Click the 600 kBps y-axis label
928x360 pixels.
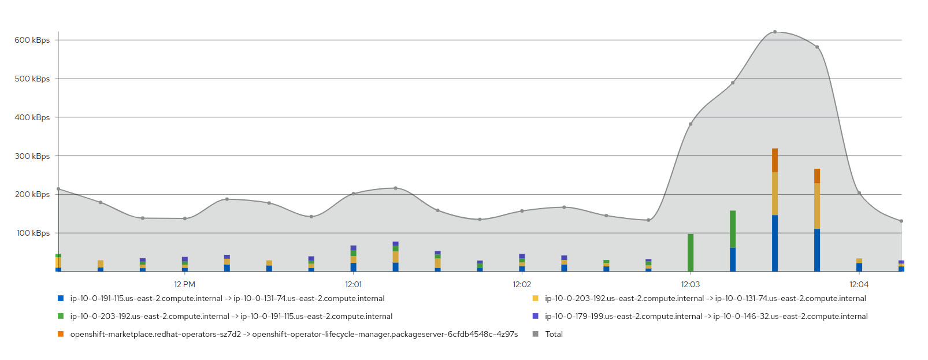[x=32, y=40]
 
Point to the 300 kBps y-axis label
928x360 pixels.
[x=32, y=156]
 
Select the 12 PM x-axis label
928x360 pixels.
[x=184, y=284]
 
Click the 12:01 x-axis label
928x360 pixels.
[x=353, y=284]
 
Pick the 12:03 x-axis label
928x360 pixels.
[x=691, y=284]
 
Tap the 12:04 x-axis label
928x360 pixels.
[x=859, y=284]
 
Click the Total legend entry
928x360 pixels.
[x=554, y=334]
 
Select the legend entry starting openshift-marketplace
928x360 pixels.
[x=294, y=334]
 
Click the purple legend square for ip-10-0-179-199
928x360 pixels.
[x=535, y=316]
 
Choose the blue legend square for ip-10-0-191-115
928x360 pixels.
[x=61, y=298]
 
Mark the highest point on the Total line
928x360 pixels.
[x=775, y=32]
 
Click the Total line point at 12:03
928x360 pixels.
[x=691, y=124]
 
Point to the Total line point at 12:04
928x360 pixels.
[x=859, y=193]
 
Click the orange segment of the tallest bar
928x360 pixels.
[x=775, y=160]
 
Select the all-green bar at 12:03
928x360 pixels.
[x=691, y=253]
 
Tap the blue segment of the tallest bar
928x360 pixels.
[x=775, y=243]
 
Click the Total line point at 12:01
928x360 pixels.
[x=353, y=194]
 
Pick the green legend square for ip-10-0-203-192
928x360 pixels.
[x=61, y=316]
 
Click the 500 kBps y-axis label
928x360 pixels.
[x=32, y=79]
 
